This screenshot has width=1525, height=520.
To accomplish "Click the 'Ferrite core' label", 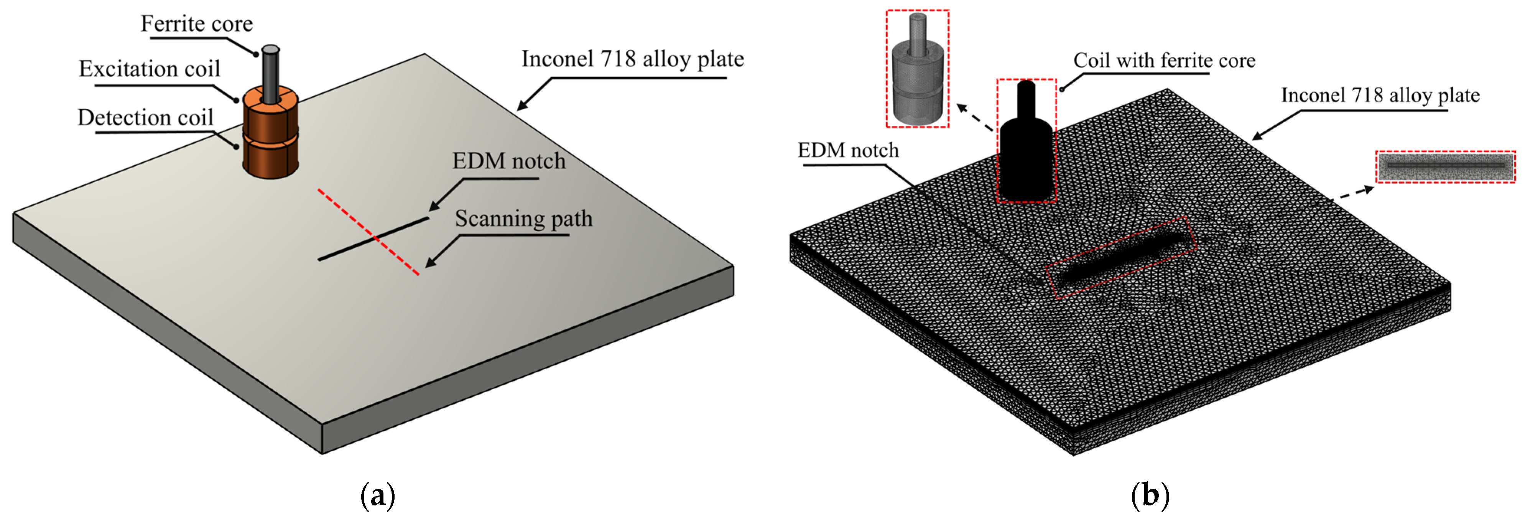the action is coord(197,24).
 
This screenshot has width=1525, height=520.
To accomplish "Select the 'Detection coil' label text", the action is coord(146,117).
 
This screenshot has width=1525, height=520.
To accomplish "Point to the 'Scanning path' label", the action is coord(523,219).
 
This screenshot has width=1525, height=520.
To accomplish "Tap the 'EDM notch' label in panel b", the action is coord(848,150).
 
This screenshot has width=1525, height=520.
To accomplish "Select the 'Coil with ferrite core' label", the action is coord(1165,61).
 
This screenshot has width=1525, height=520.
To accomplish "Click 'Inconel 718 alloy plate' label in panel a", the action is coord(632,59).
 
